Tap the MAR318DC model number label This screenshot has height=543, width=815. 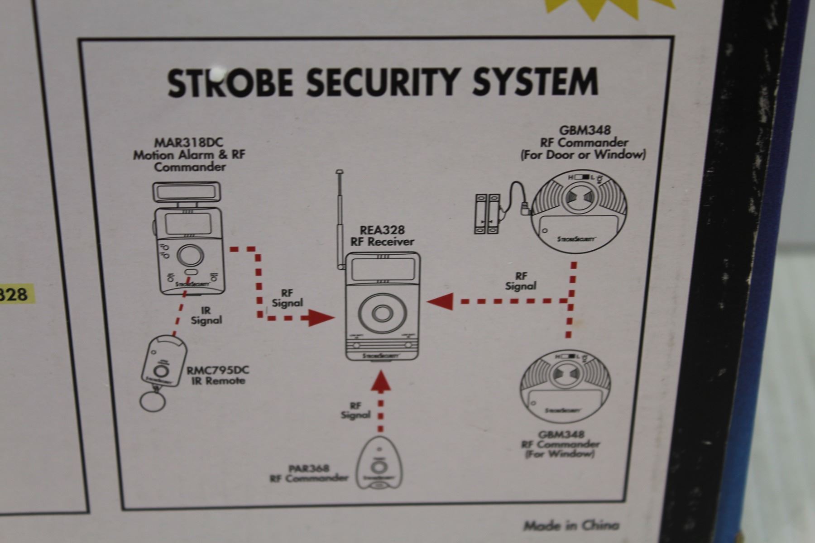[190, 143]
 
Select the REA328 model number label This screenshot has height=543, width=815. [382, 230]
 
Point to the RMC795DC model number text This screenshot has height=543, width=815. [218, 370]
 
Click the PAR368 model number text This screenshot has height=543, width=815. [309, 468]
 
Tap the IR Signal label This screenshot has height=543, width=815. [206, 315]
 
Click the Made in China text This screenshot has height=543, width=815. [571, 525]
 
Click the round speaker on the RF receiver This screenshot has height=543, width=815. [383, 314]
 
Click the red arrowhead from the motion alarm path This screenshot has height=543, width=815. [321, 318]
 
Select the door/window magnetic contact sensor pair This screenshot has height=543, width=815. [487, 214]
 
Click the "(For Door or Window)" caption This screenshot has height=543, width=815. [583, 155]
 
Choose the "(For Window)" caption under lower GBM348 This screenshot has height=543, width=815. [560, 453]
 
